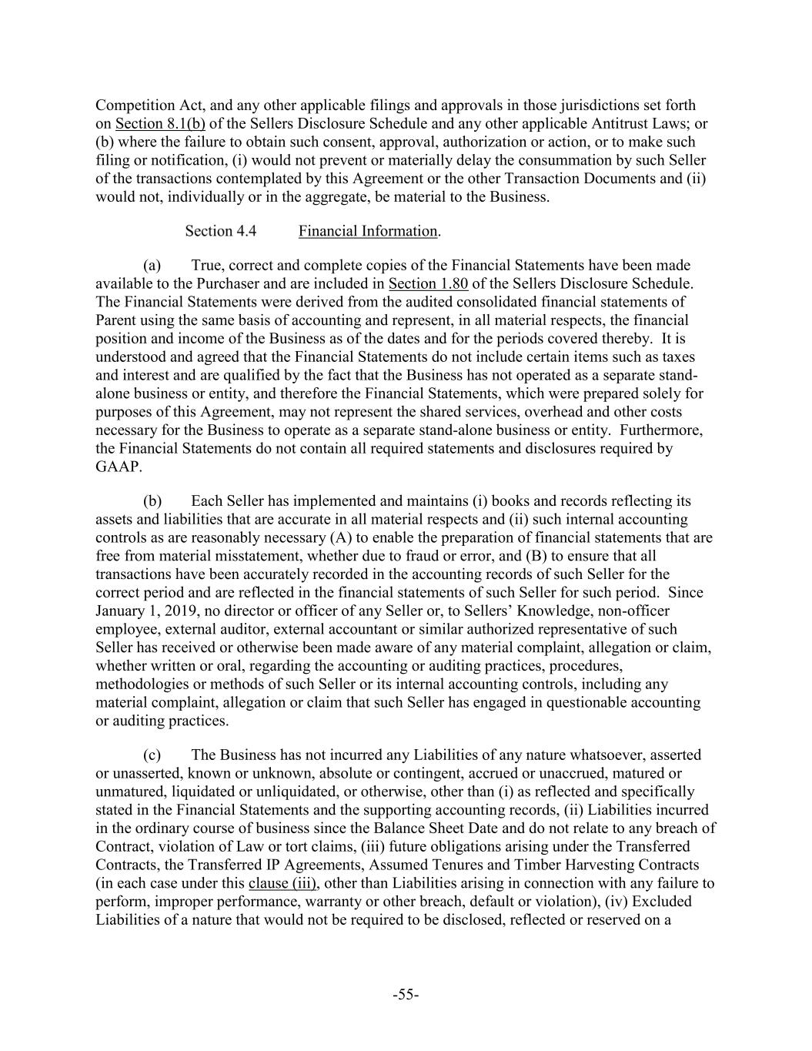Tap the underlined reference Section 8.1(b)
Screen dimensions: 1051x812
tap(160, 124)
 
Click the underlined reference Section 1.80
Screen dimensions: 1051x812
tap(428, 283)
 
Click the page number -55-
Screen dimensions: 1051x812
tap(406, 995)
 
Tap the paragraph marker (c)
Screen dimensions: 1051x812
tap(152, 755)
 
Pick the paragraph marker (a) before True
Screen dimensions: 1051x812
tap(152, 266)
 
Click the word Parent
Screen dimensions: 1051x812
tap(117, 320)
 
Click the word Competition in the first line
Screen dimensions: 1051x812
tap(133, 105)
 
